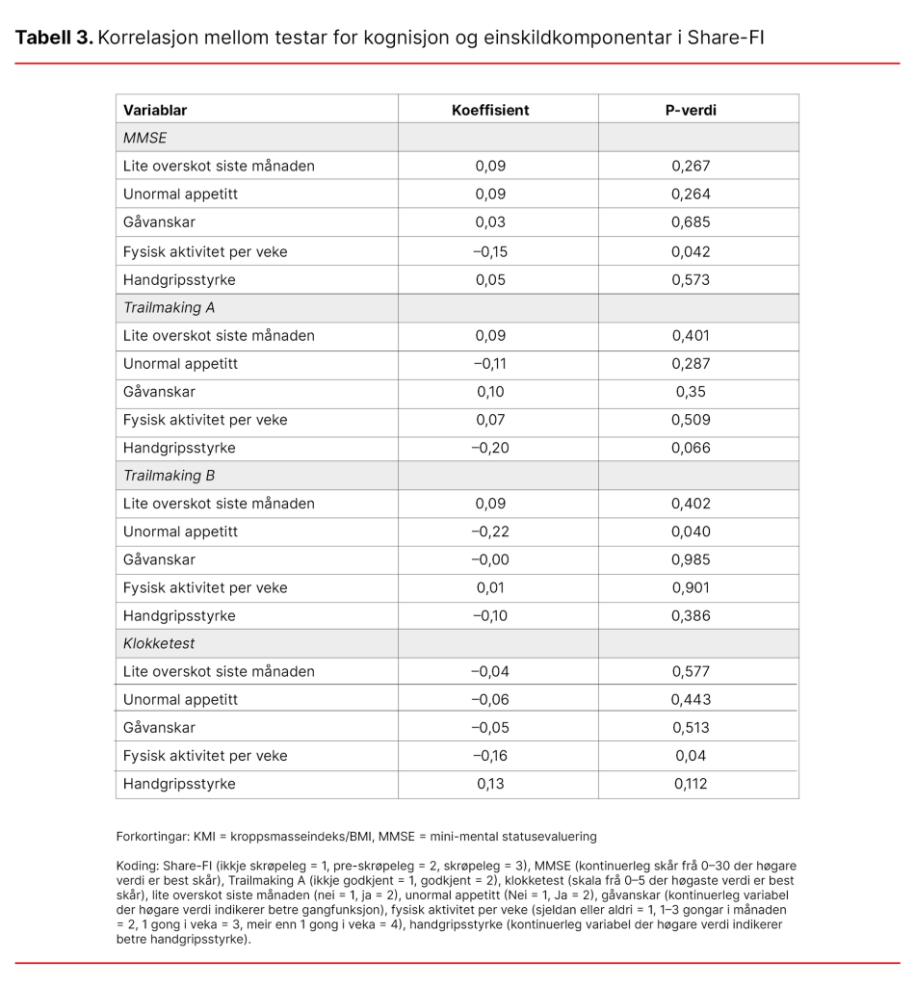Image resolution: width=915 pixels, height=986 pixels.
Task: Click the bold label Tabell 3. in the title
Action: click(54, 38)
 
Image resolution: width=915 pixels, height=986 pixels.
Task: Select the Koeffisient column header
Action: click(490, 110)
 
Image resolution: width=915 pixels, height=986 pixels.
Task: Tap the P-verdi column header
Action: click(691, 110)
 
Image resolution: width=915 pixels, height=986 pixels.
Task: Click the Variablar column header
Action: click(155, 110)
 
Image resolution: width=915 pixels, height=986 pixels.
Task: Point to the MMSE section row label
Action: click(144, 138)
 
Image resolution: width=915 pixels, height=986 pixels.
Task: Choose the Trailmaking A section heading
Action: click(169, 308)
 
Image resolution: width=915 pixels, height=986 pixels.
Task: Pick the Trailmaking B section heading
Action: click(169, 476)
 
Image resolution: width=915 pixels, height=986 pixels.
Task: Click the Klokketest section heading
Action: click(157, 643)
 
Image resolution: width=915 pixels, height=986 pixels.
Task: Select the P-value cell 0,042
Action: click(691, 251)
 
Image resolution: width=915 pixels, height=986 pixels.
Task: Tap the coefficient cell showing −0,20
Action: click(490, 448)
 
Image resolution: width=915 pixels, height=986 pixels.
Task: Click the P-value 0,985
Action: click(691, 559)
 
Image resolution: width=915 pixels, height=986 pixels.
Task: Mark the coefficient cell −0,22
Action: click(490, 532)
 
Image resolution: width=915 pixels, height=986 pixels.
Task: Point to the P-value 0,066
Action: click(691, 448)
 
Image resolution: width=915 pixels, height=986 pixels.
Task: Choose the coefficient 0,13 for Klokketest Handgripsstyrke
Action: click(490, 784)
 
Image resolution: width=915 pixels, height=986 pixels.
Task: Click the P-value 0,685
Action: click(691, 222)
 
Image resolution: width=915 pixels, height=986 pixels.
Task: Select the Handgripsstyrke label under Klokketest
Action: click(179, 784)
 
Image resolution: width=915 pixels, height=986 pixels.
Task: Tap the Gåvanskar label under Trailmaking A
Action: click(159, 392)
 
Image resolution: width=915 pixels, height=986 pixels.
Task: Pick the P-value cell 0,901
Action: click(691, 587)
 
